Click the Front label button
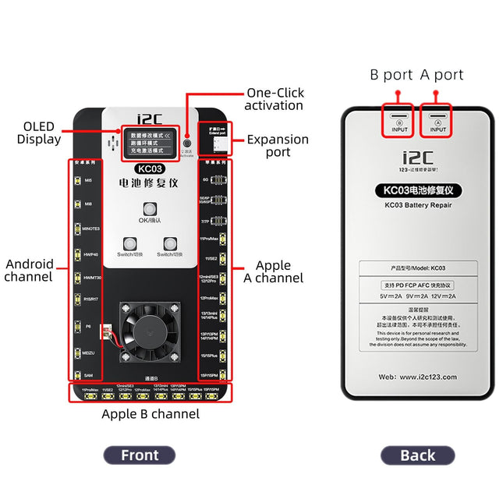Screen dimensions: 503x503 (x=140, y=455)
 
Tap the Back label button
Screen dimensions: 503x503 (x=417, y=455)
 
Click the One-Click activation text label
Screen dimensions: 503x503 (x=274, y=98)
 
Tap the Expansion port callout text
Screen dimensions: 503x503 (x=278, y=146)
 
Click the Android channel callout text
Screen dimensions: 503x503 (x=29, y=270)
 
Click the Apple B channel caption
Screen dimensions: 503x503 (x=151, y=414)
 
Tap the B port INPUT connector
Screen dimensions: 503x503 (x=399, y=123)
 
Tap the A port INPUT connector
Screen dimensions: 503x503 (x=437, y=123)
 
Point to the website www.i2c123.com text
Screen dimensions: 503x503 (x=418, y=376)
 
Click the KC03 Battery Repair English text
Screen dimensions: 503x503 (x=418, y=205)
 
